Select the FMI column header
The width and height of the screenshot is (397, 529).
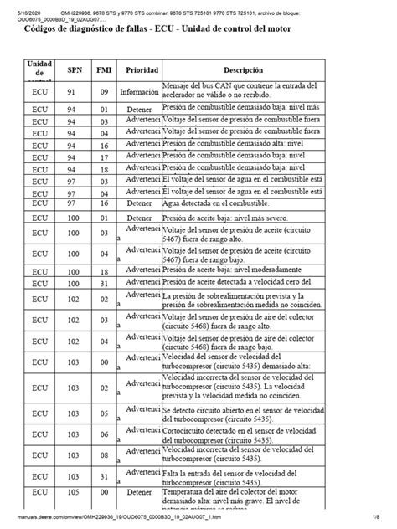102,70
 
